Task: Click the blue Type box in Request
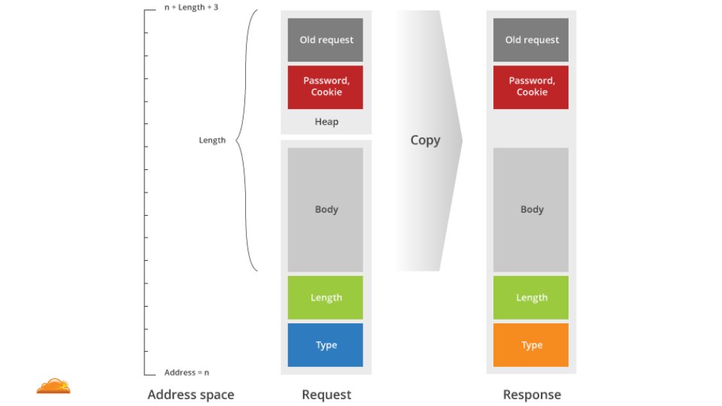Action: tap(325, 345)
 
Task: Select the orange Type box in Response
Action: tap(531, 345)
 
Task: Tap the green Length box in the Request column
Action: tap(325, 298)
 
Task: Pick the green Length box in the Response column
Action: tap(531, 298)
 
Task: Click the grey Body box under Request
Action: tap(325, 210)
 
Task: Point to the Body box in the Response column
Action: tap(531, 210)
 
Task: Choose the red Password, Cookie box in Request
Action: tap(325, 86)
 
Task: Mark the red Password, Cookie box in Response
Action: tap(531, 86)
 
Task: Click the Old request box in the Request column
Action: tap(325, 40)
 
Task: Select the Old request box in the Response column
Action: tap(531, 40)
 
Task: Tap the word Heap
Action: tap(326, 122)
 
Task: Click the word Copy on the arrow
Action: tap(425, 141)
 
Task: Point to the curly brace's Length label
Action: tap(212, 141)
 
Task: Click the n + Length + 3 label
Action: tap(191, 7)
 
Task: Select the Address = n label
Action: tap(187, 373)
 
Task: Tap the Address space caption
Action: tap(190, 395)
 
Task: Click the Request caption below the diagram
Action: tap(326, 395)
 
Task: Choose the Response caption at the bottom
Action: tap(532, 395)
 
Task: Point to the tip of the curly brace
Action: tap(237, 140)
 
